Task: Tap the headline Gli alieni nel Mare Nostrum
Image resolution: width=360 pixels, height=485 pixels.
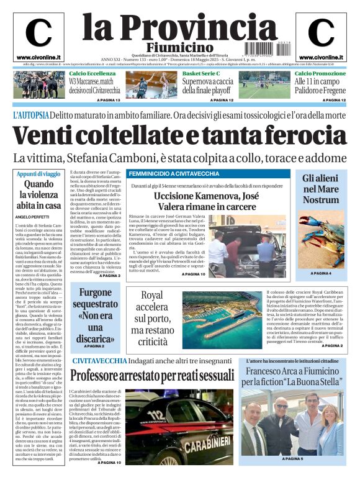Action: [x=321, y=189]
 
